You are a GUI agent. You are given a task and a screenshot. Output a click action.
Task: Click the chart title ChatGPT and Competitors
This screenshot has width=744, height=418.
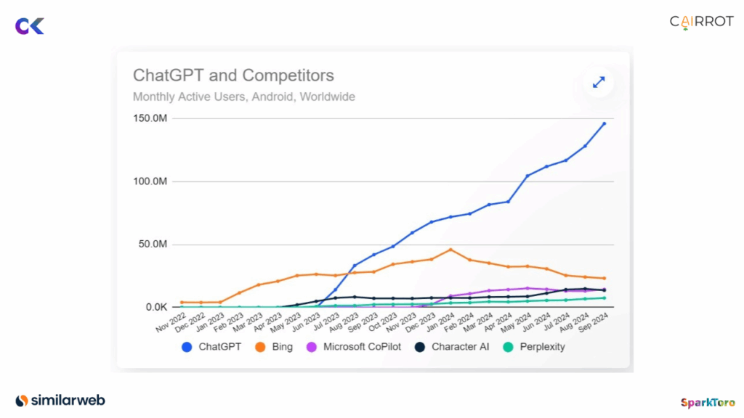click(233, 75)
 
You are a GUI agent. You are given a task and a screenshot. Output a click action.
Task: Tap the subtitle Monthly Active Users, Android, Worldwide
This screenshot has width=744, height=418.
click(243, 97)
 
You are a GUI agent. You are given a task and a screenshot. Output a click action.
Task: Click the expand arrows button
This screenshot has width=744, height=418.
click(599, 82)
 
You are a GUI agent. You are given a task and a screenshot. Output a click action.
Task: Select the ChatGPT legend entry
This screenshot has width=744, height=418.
click(212, 347)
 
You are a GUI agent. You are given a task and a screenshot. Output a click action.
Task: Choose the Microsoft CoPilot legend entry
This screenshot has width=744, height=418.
click(351, 347)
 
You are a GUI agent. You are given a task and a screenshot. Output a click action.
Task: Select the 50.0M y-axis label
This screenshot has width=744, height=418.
click(153, 245)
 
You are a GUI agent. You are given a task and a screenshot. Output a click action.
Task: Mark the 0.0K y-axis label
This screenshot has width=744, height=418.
click(155, 307)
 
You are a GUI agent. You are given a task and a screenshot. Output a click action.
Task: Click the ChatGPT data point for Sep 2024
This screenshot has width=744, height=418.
click(604, 123)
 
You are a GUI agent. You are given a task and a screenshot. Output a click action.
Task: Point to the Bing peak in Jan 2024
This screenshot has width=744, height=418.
click(451, 250)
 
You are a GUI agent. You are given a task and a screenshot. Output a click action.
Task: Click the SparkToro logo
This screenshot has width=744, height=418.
click(707, 402)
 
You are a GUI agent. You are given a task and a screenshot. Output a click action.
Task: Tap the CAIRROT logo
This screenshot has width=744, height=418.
click(701, 22)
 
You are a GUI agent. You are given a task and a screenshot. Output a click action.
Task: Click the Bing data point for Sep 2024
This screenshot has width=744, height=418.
click(604, 278)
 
